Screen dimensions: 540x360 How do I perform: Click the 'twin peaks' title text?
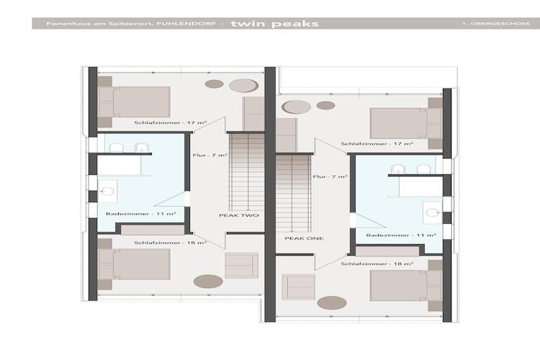(275, 24)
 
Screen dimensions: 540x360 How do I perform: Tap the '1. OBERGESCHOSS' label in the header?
(496, 24)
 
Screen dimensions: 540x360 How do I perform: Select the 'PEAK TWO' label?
(239, 215)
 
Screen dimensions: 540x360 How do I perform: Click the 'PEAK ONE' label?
(304, 238)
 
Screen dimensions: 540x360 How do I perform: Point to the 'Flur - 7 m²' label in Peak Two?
(210, 156)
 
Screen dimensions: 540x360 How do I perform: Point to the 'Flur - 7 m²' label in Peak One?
(330, 176)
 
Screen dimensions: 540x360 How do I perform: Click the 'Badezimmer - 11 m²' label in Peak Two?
(141, 214)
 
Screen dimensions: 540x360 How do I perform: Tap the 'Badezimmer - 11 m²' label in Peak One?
(401, 235)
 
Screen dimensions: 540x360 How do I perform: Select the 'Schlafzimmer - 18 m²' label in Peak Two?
(171, 243)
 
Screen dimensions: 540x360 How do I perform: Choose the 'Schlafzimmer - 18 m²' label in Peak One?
(377, 264)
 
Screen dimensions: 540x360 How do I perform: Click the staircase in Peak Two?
(247, 171)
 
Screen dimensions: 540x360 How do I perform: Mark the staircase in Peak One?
(293, 193)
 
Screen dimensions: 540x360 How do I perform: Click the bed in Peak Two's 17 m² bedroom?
(135, 102)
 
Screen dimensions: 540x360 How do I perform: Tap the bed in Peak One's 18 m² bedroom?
(406, 286)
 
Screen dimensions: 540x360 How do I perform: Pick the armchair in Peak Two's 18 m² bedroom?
(241, 265)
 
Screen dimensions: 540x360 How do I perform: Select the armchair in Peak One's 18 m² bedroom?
(298, 287)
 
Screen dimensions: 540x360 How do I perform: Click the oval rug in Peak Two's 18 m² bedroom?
(208, 281)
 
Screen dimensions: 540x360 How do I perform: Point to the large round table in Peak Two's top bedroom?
(244, 86)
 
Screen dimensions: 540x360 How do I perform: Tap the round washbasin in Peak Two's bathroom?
(108, 192)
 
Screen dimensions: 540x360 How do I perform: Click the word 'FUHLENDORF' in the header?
(186, 24)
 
